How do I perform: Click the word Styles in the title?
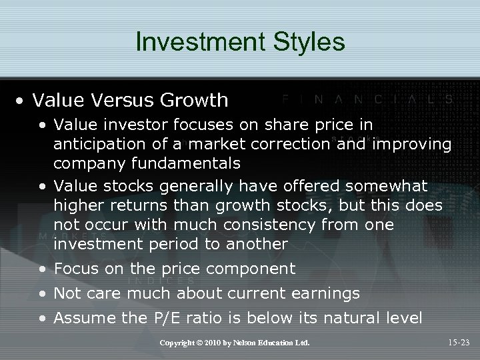[x=306, y=42]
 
